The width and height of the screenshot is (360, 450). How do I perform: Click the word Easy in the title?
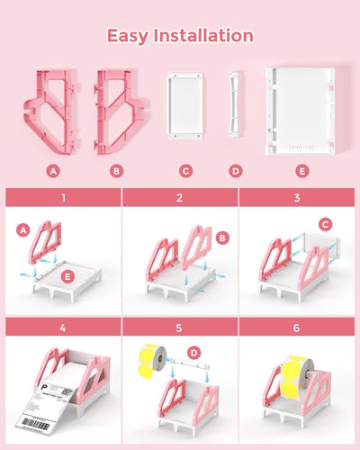pyautogui.click(x=129, y=36)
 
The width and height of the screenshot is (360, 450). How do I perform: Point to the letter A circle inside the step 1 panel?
pyautogui.click(x=23, y=232)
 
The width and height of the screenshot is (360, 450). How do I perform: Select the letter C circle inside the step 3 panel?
pyautogui.click(x=325, y=224)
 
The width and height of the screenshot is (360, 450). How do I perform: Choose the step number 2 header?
pyautogui.click(x=180, y=198)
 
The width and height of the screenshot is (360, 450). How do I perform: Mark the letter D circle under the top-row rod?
pyautogui.click(x=236, y=169)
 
